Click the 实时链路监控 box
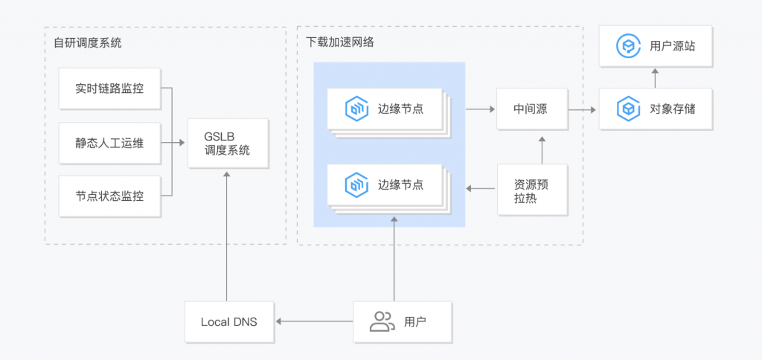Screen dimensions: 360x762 pyautogui.click(x=109, y=89)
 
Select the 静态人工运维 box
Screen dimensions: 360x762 pyautogui.click(x=109, y=143)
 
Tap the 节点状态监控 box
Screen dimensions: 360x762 pyautogui.click(x=109, y=197)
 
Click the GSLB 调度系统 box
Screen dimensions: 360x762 pyautogui.click(x=226, y=144)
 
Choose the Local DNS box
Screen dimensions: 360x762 pyautogui.click(x=229, y=322)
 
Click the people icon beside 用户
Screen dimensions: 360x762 pyautogui.click(x=382, y=321)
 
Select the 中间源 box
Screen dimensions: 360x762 pyautogui.click(x=531, y=109)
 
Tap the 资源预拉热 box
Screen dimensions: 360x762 pyautogui.click(x=531, y=190)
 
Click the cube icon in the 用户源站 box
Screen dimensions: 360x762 pyautogui.click(x=629, y=46)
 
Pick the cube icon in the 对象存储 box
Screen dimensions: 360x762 pyautogui.click(x=629, y=109)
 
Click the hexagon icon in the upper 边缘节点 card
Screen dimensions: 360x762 pyautogui.click(x=356, y=109)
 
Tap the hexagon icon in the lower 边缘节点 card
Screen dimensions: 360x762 pyautogui.click(x=356, y=184)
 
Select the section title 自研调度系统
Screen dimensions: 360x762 pyautogui.click(x=87, y=43)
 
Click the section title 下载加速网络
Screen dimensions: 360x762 pyautogui.click(x=340, y=42)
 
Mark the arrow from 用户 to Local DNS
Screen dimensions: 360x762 pyautogui.click(x=313, y=322)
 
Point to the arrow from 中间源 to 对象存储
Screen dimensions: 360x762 pyautogui.click(x=584, y=109)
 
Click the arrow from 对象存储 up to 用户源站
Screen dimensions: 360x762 pyautogui.click(x=655, y=77)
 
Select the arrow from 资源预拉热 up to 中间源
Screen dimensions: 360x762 pyautogui.click(x=542, y=150)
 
